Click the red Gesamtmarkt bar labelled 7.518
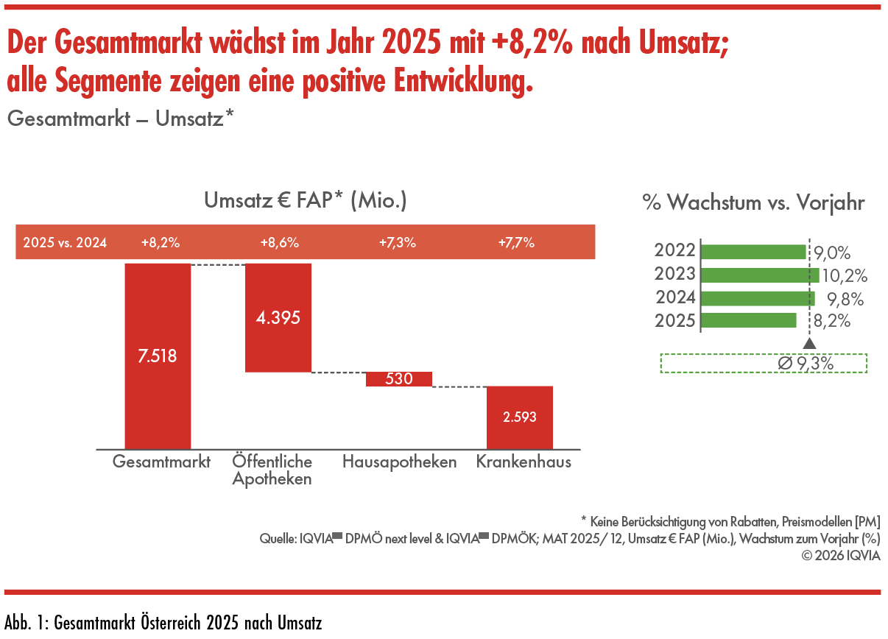pyautogui.click(x=158, y=356)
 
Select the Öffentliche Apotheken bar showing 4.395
pyautogui.click(x=278, y=317)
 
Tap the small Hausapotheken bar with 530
pyautogui.click(x=398, y=379)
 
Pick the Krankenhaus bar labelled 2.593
pyautogui.click(x=519, y=417)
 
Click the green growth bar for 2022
pyautogui.click(x=753, y=252)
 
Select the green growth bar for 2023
pyautogui.click(x=760, y=275)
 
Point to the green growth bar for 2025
pyautogui.click(x=749, y=321)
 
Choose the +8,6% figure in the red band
pyautogui.click(x=279, y=242)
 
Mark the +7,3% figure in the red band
pyautogui.click(x=398, y=242)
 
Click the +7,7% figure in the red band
pyautogui.click(x=516, y=242)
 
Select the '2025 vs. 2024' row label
pyautogui.click(x=65, y=242)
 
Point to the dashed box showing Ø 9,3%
pyautogui.click(x=764, y=364)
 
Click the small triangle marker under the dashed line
pyautogui.click(x=809, y=343)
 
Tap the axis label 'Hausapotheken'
pyautogui.click(x=399, y=462)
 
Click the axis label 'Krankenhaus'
pyautogui.click(x=524, y=462)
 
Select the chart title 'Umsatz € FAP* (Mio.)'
pyautogui.click(x=305, y=200)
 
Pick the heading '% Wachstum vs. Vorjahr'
pyautogui.click(x=753, y=203)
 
